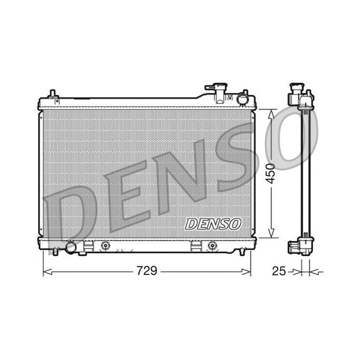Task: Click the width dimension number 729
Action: pos(147,271)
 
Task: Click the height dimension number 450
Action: pos(270,173)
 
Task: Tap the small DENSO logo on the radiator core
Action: pos(213,224)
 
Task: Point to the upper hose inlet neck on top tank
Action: pos(218,88)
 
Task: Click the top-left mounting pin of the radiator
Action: pos(51,94)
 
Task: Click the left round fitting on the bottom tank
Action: pos(105,245)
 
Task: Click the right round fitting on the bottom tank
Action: pos(212,245)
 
